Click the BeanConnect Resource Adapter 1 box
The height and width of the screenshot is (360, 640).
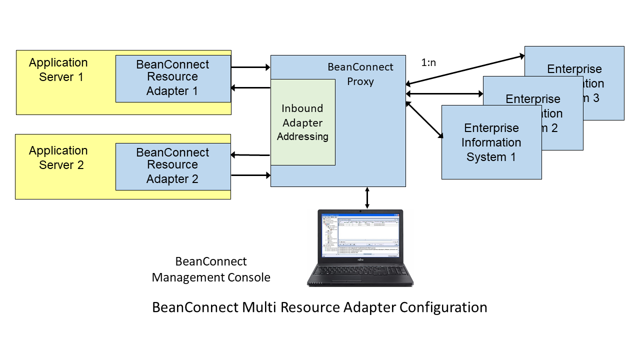point(173,78)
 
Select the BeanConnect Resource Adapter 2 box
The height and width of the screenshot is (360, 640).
point(173,166)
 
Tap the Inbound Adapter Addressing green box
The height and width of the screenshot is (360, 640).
point(302,122)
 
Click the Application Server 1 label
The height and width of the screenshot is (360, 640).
point(58,69)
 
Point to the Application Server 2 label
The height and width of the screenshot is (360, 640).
point(58,157)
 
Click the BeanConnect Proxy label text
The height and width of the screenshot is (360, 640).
point(360,74)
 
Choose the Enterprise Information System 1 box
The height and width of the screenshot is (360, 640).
point(491,142)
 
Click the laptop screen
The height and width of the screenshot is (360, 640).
point(360,235)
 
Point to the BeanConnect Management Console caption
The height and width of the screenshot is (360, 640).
point(211,269)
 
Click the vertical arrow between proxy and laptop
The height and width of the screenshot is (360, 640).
point(367,197)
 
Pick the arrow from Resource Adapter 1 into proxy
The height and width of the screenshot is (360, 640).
point(250,67)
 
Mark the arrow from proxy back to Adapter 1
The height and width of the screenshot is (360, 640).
point(250,88)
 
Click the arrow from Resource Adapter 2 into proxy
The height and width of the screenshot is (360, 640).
point(250,175)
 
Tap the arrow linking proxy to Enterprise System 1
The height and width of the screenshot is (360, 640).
point(424,119)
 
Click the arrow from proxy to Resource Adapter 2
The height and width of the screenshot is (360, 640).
point(250,155)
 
